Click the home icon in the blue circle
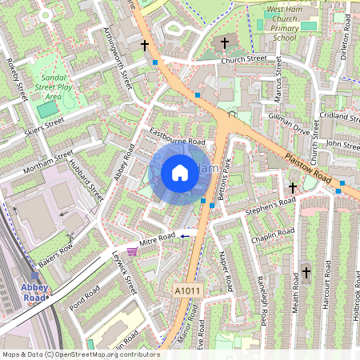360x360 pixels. (x=180, y=171)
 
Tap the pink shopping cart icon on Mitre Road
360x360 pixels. (x=132, y=250)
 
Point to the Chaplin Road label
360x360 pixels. (x=273, y=234)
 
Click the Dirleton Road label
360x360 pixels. (x=346, y=33)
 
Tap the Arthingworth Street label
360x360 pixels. (x=117, y=53)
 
